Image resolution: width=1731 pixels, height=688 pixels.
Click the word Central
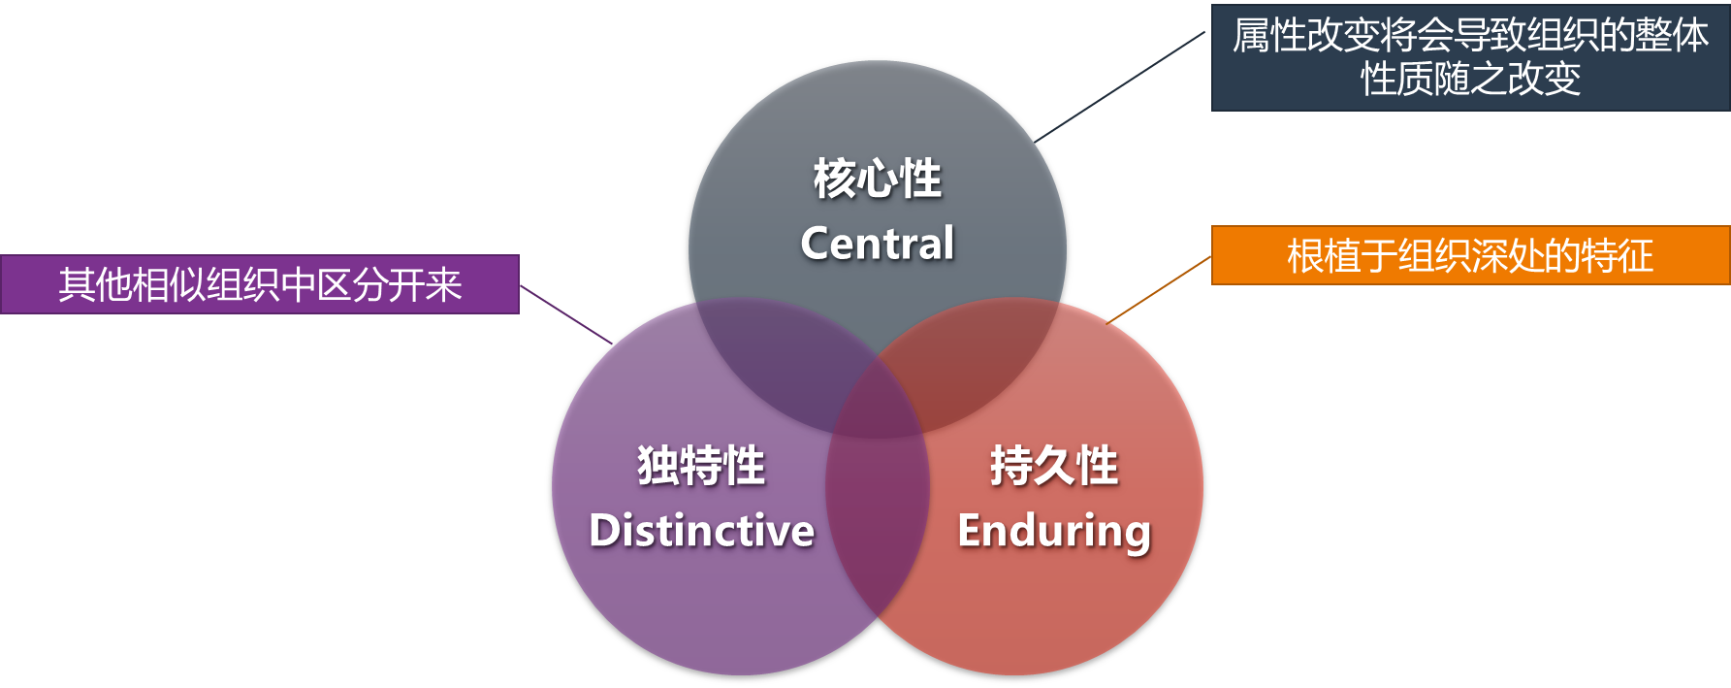[x=878, y=244]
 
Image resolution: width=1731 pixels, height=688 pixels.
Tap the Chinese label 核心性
[x=878, y=180]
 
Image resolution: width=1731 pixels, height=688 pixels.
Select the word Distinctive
[x=702, y=531]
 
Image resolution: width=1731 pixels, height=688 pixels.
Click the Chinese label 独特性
[x=701, y=466]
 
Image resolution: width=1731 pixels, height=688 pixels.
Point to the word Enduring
[x=1054, y=532]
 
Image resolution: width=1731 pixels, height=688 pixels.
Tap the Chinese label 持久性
[x=1054, y=466]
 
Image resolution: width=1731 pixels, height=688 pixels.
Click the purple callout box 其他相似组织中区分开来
[x=260, y=284]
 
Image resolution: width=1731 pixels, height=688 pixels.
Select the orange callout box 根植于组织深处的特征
[x=1470, y=256]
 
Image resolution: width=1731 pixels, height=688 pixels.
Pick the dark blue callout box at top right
[x=1470, y=57]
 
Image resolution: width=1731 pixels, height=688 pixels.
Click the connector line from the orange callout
[x=1161, y=288]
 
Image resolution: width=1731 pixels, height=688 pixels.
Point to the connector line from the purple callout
[x=565, y=314]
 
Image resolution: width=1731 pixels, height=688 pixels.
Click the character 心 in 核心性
[x=878, y=180]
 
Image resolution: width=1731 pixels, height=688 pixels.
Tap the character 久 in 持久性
[x=1054, y=466]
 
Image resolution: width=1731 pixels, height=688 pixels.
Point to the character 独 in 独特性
[x=658, y=466]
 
